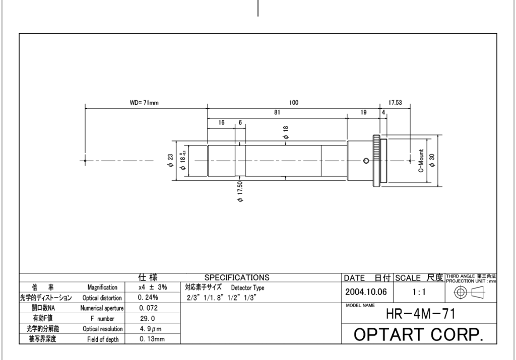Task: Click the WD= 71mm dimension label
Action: (144, 103)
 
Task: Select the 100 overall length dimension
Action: (294, 103)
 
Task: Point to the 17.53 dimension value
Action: (395, 103)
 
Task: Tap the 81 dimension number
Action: (277, 112)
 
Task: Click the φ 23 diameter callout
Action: (170, 161)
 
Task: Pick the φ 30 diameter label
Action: (432, 161)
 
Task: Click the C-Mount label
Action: (421, 161)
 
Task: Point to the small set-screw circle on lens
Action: (366, 161)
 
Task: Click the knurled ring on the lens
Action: (376, 161)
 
